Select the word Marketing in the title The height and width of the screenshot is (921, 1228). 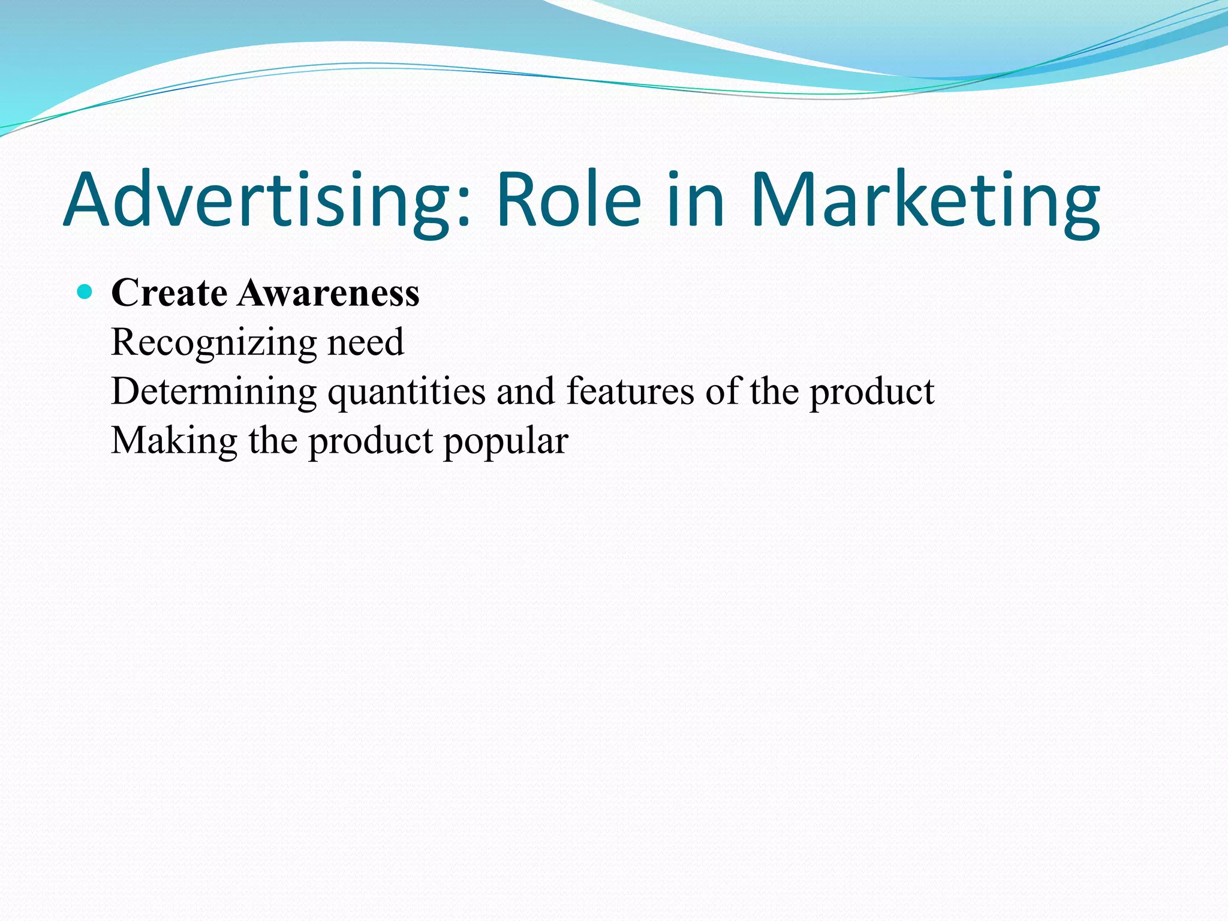pyautogui.click(x=925, y=201)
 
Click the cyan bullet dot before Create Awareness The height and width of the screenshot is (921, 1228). pyautogui.click(x=85, y=293)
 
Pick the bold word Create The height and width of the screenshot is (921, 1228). pyautogui.click(x=169, y=293)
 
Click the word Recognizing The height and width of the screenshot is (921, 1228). pyautogui.click(x=213, y=344)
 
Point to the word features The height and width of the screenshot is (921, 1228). pyautogui.click(x=630, y=392)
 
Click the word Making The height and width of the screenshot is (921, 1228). pyautogui.click(x=174, y=442)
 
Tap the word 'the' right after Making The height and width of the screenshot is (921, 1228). pyautogui.click(x=273, y=441)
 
